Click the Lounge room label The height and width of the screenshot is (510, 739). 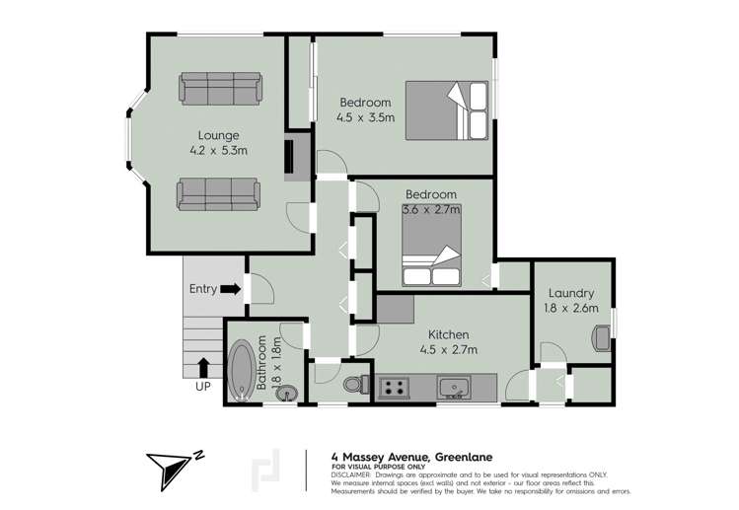click(218, 135)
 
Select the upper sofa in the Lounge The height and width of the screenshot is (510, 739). click(220, 88)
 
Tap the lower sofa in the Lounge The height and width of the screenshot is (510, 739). click(218, 193)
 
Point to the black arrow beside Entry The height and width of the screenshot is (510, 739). click(231, 289)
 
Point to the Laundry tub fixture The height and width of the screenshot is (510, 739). click(601, 338)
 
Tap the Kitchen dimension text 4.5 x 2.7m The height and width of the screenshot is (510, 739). click(445, 350)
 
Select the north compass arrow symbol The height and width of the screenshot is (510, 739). click(171, 469)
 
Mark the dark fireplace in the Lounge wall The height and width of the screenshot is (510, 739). click(290, 160)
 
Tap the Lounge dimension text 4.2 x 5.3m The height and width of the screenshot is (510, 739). click(218, 151)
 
